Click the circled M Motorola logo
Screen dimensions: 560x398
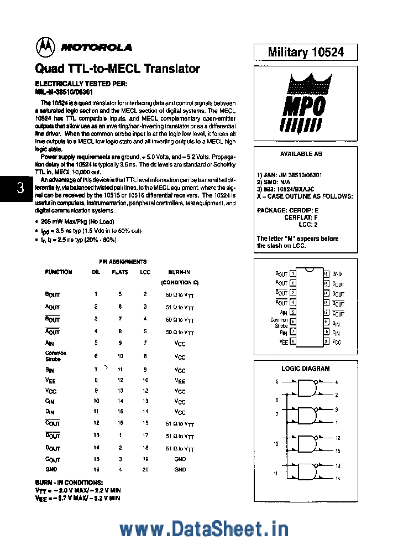[x=45, y=47]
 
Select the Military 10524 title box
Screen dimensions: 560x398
[x=305, y=52]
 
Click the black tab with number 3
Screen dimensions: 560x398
[x=20, y=188]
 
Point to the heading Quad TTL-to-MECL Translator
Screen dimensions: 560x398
[x=117, y=69]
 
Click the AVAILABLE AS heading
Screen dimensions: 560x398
[x=301, y=154]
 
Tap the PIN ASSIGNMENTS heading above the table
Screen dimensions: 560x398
[x=122, y=262]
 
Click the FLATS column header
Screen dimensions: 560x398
[x=120, y=272]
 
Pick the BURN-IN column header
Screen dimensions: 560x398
[x=180, y=272]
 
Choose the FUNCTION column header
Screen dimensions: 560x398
[x=58, y=272]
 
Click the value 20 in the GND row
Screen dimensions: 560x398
[x=145, y=469]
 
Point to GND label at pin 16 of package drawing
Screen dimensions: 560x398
[x=337, y=274]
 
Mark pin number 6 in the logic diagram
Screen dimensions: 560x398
[x=277, y=400]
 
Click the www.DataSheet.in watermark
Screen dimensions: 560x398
[x=203, y=530]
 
